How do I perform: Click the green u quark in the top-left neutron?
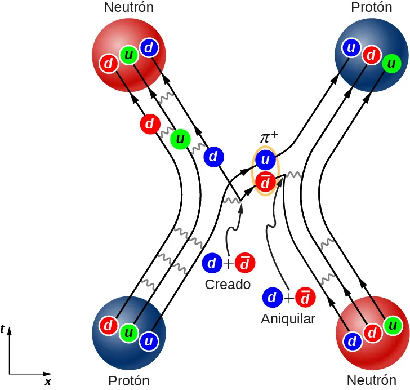tap(129, 55)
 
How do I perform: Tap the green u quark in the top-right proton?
tap(390, 64)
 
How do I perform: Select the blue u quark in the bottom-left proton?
tap(149, 341)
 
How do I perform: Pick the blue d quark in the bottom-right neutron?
tap(352, 341)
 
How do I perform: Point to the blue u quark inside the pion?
tap(265, 161)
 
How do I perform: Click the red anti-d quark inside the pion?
tap(265, 183)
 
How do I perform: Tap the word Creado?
tap(228, 285)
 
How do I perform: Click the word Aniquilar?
tap(288, 319)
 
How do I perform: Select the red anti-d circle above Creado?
tap(244, 263)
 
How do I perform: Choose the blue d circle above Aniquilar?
tap(272, 297)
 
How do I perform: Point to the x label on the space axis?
tap(48, 382)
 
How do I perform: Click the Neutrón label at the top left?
tap(129, 7)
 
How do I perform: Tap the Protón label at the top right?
tap(371, 7)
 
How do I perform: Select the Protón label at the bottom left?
tap(129, 381)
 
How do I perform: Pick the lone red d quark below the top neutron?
tap(149, 123)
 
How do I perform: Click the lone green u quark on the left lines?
tap(180, 138)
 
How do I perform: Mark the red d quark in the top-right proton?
tap(371, 55)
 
